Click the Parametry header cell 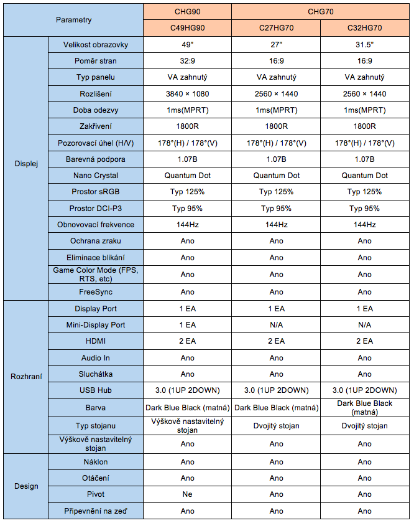(x=73, y=20)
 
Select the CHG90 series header (x=188, y=12)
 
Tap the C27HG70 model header (x=276, y=28)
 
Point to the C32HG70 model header (x=364, y=28)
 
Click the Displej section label (x=26, y=164)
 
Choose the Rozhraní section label (x=26, y=376)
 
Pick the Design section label (x=26, y=486)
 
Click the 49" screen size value (x=188, y=45)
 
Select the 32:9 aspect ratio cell (x=188, y=61)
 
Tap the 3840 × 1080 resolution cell (x=188, y=94)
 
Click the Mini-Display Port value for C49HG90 (x=188, y=325)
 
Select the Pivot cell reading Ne (x=188, y=494)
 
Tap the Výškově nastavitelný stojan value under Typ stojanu (x=188, y=426)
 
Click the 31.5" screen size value (x=364, y=45)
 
